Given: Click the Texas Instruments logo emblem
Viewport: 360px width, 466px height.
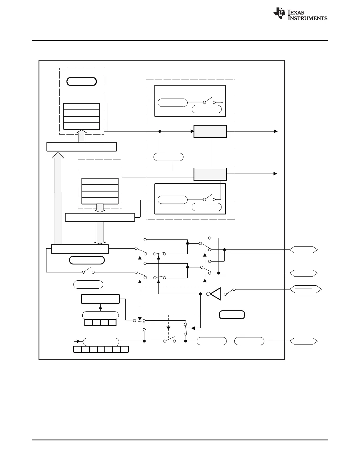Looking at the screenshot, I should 279,14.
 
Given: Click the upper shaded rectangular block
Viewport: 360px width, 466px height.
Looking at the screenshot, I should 210,131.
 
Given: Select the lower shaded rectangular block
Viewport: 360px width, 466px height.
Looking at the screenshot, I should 210,174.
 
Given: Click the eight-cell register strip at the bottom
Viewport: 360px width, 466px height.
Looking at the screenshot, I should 101,349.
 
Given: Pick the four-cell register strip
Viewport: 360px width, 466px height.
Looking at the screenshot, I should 100,322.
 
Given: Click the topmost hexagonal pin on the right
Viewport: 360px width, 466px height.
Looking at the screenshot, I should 303,249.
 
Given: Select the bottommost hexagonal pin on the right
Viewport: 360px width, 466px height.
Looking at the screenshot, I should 303,341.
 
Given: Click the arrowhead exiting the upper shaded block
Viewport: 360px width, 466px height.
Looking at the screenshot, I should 275,131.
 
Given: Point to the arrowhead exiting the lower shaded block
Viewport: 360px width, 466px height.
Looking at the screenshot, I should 275,174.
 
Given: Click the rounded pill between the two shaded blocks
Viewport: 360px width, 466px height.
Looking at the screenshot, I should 169,157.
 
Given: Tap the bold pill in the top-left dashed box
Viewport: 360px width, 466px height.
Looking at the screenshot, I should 81,81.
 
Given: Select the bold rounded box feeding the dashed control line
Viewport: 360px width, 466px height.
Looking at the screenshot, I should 232,315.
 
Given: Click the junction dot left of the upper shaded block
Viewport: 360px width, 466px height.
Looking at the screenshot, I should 160,131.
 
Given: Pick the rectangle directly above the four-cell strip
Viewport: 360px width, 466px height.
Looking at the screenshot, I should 100,299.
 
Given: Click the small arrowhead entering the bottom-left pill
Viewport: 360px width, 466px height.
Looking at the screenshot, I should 79,341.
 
